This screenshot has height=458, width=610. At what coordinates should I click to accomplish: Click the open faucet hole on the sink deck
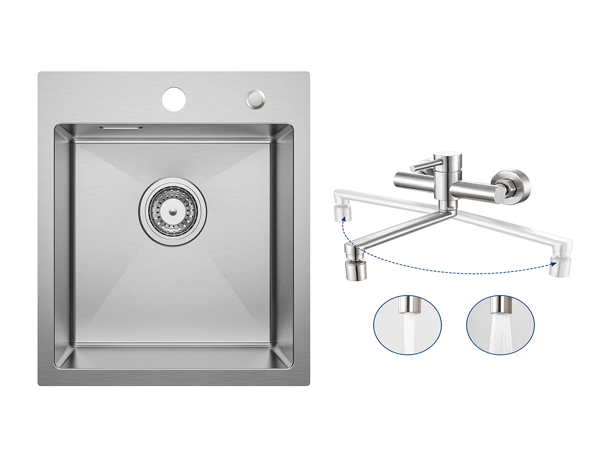(x=174, y=99)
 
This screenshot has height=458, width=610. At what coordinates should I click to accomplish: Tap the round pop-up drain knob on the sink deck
(x=255, y=99)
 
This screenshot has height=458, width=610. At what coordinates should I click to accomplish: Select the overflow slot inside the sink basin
(x=121, y=127)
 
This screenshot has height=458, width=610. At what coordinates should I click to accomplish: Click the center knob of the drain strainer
(x=173, y=211)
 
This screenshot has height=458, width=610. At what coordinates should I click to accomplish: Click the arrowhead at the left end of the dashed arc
(x=344, y=219)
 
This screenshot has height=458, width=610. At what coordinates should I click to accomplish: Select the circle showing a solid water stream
(x=407, y=325)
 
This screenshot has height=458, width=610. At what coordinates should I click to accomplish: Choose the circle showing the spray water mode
(x=500, y=325)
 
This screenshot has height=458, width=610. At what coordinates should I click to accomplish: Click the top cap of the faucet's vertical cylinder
(x=448, y=156)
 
